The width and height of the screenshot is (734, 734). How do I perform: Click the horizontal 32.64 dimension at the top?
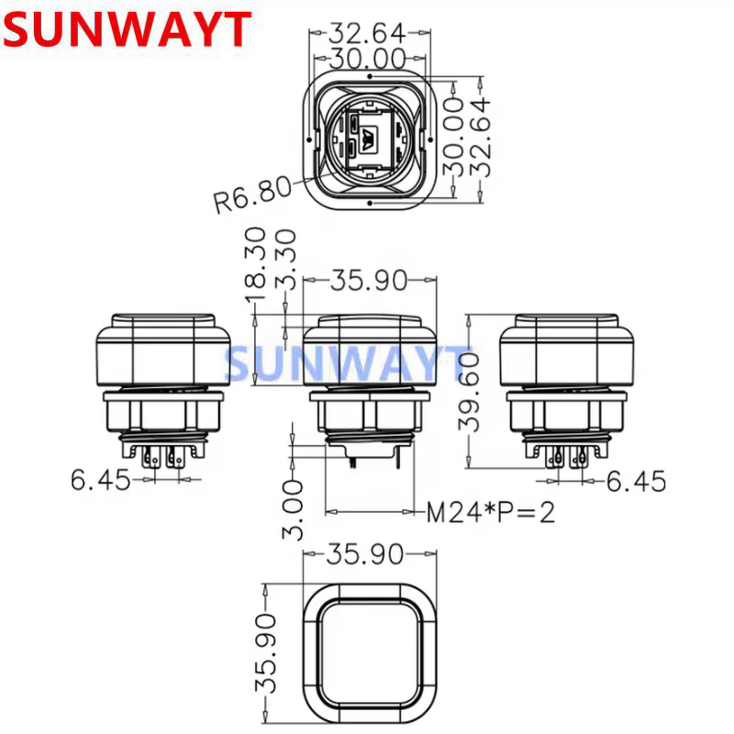tap(367, 32)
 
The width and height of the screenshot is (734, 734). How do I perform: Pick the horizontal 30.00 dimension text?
tap(367, 59)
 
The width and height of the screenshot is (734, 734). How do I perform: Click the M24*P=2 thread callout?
tap(492, 511)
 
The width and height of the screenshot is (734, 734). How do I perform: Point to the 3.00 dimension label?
tap(292, 509)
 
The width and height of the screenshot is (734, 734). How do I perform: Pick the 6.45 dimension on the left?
tap(102, 479)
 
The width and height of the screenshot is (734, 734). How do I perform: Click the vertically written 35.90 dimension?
tap(266, 653)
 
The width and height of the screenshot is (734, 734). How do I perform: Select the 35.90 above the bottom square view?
tap(367, 553)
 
